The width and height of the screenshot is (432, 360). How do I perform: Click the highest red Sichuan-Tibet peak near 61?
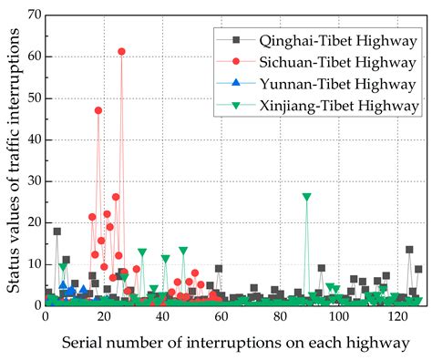click(121, 52)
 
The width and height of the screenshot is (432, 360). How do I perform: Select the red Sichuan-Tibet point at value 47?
click(98, 110)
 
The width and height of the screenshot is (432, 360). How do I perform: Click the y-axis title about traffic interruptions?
click(12, 159)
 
